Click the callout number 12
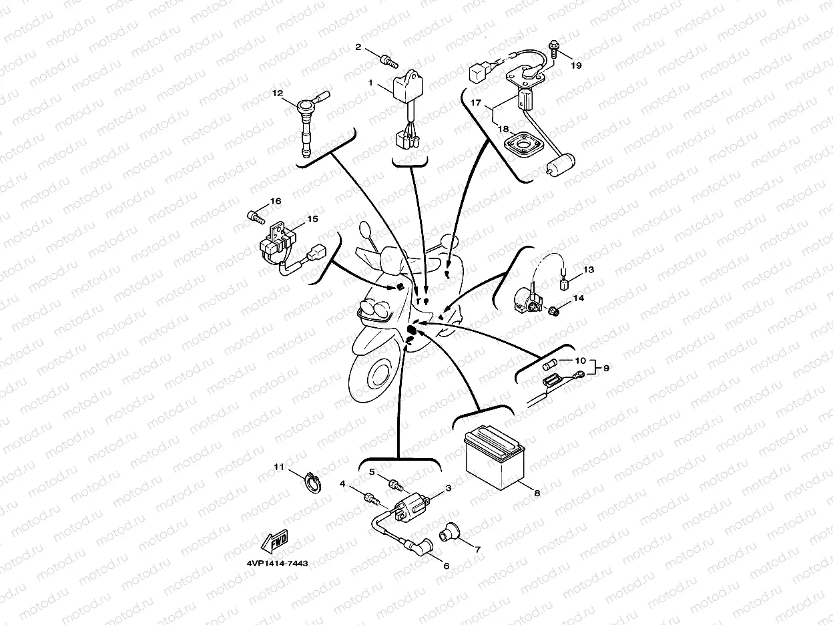pyautogui.click(x=278, y=93)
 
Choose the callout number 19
pyautogui.click(x=576, y=65)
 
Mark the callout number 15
pyautogui.click(x=312, y=219)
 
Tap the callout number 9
pyautogui.click(x=607, y=367)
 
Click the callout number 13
pyautogui.click(x=587, y=270)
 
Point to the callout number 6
pyautogui.click(x=447, y=566)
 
